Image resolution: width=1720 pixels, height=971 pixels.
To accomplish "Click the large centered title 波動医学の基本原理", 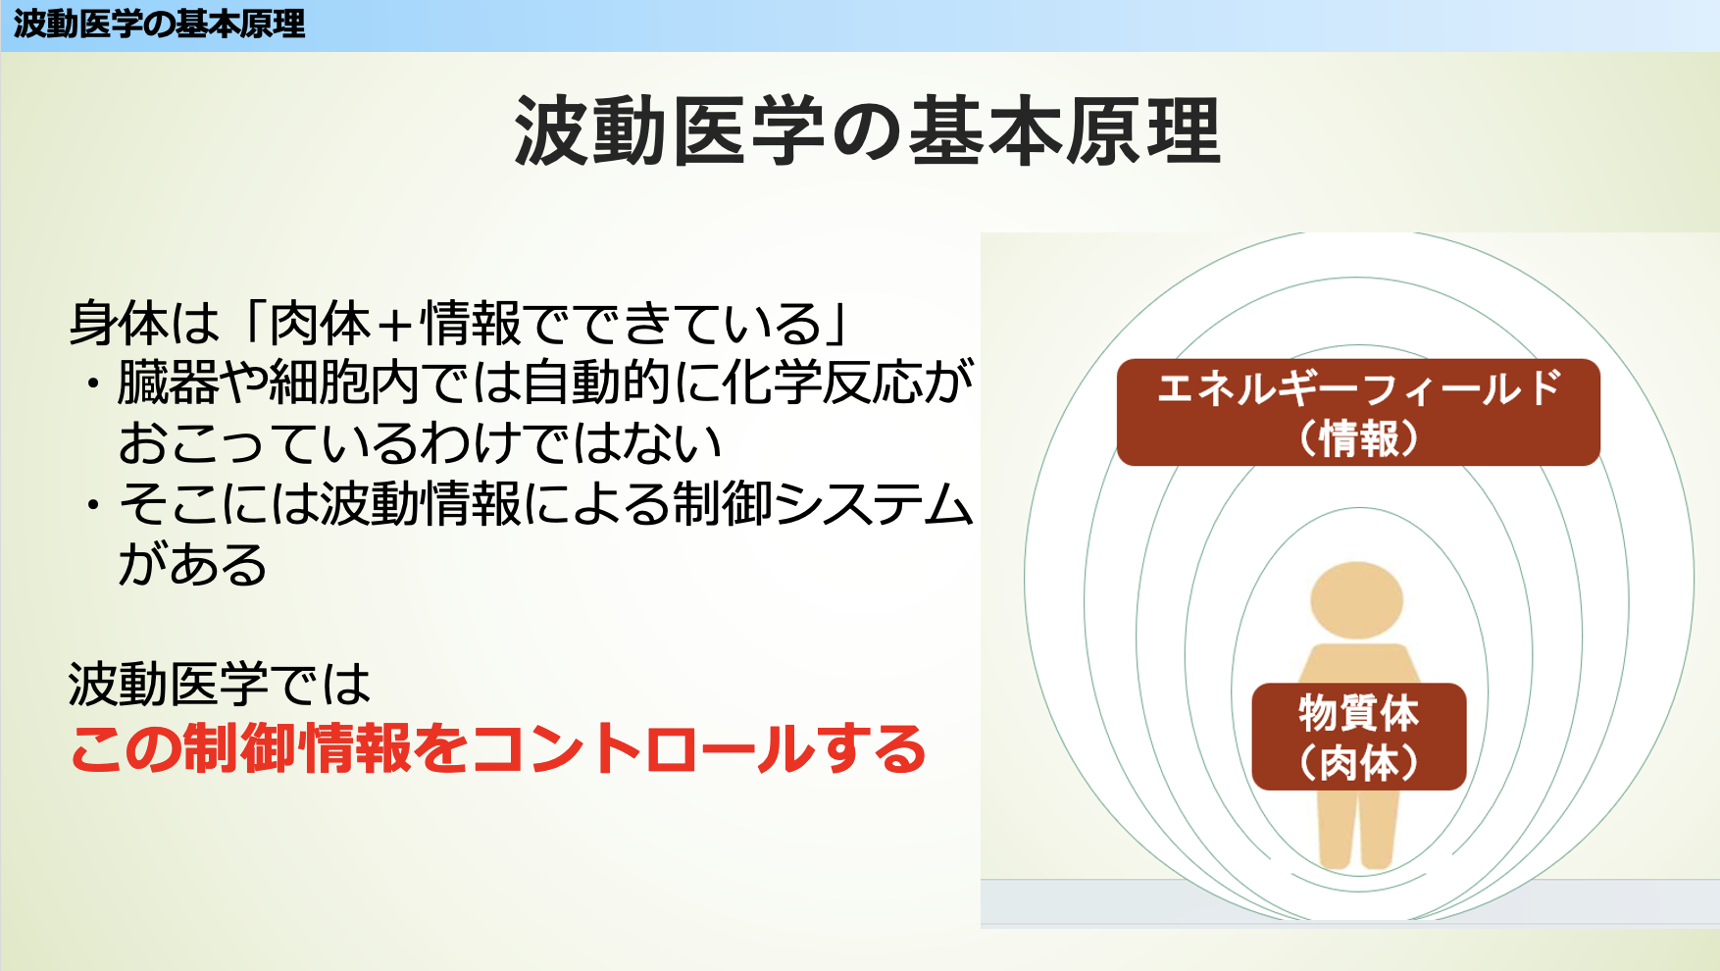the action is [867, 130].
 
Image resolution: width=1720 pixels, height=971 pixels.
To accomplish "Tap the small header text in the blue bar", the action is [159, 24].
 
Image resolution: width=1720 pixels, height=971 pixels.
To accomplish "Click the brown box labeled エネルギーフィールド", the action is [1358, 412].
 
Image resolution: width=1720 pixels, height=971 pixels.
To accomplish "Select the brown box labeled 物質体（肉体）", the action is [1359, 737].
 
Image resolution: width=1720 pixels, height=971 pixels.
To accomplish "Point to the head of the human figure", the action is [1357, 600].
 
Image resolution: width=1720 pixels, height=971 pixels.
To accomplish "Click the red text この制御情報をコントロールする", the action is [498, 748].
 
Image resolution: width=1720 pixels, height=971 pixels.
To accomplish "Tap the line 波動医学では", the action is [220, 684].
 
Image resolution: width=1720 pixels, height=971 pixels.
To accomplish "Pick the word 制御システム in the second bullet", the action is [823, 504].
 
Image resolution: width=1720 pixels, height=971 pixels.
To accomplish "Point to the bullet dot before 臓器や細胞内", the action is [93, 383].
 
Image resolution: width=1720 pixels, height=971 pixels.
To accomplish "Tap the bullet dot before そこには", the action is [93, 505].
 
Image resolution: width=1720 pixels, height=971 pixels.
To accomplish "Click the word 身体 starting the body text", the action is [119, 324].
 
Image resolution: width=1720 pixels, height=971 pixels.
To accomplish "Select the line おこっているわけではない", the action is [420, 443].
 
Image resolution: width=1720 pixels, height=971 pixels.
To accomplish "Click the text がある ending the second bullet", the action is [192, 564].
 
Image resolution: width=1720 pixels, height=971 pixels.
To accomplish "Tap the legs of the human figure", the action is [1358, 830].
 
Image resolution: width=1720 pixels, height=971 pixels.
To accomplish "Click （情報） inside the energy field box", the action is [1358, 437].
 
